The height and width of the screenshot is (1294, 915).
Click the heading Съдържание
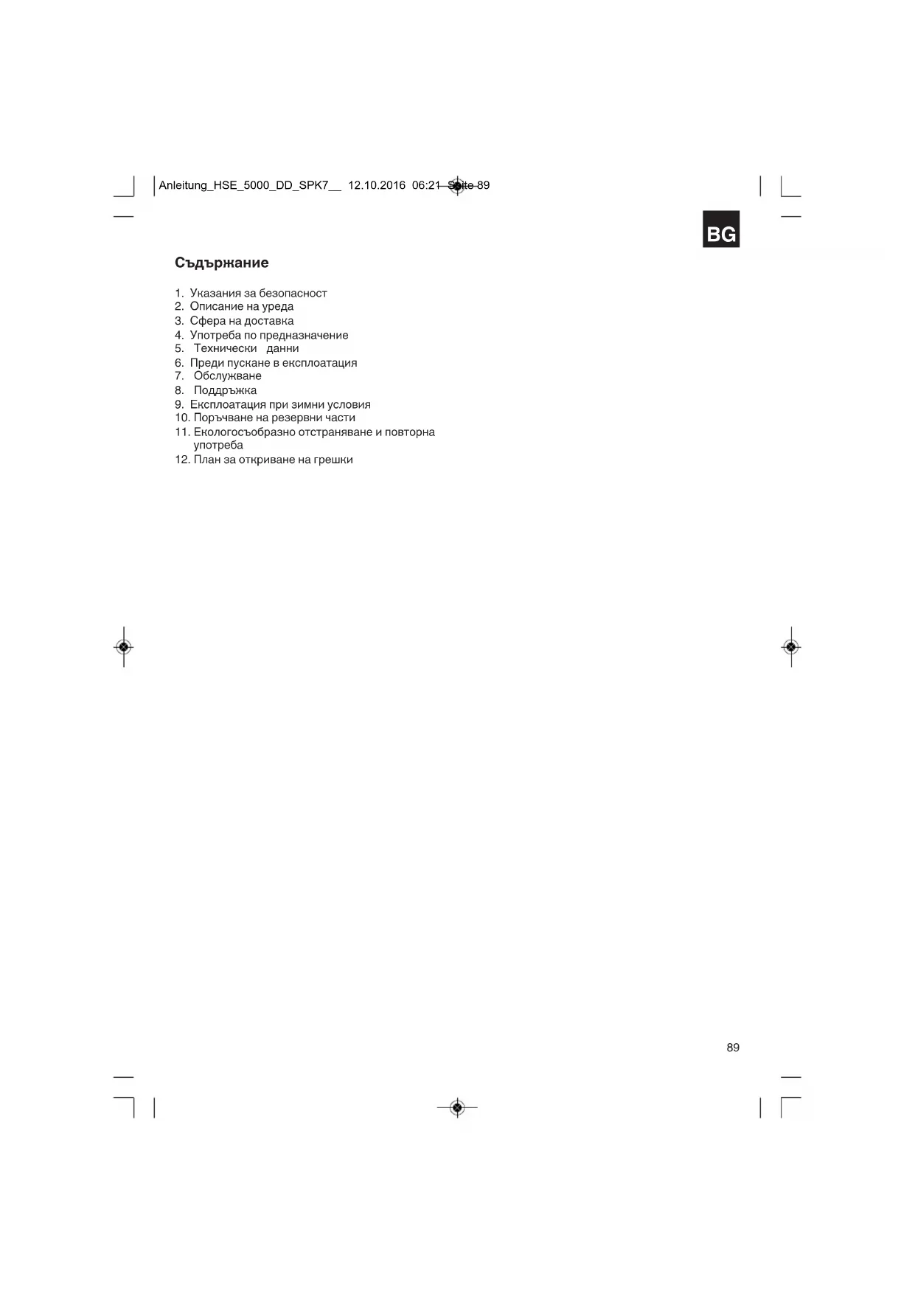point(221,263)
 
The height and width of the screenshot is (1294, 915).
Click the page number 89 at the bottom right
point(732,1048)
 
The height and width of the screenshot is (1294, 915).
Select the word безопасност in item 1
point(293,293)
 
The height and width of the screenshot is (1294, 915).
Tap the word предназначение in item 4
point(304,335)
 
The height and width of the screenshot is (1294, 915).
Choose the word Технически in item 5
point(225,348)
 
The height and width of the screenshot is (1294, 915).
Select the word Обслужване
point(227,376)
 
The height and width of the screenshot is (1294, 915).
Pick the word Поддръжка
point(225,390)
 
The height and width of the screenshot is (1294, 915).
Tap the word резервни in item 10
point(296,418)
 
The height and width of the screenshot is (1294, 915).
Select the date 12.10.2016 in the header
point(376,185)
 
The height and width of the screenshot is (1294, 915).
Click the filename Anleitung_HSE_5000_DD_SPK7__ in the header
point(250,185)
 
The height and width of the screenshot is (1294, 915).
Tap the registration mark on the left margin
point(124,647)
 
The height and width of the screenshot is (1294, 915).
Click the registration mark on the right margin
point(790,647)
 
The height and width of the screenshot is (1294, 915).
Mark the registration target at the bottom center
point(457,1107)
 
